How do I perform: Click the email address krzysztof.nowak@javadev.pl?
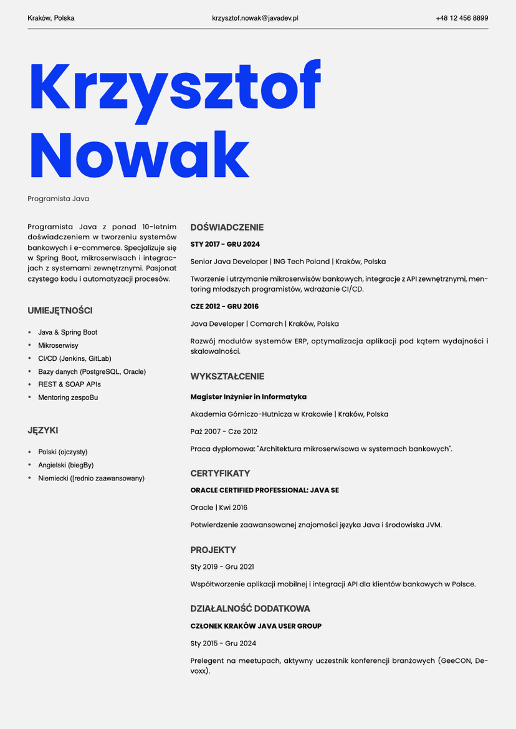(x=255, y=18)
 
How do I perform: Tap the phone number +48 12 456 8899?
(x=462, y=18)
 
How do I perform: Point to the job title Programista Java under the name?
(x=59, y=199)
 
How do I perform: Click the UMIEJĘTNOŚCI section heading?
(x=60, y=310)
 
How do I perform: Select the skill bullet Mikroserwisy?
(x=58, y=345)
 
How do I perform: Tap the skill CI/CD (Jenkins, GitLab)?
(x=74, y=358)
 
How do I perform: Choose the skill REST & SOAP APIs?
(x=69, y=384)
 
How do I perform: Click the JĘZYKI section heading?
(x=43, y=430)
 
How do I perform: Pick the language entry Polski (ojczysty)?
(x=63, y=452)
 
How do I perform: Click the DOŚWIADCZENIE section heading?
(x=227, y=227)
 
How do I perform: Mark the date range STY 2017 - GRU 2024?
(x=225, y=244)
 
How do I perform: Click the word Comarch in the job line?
(x=267, y=324)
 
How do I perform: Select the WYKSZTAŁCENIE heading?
(x=227, y=376)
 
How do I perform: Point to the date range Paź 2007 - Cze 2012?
(x=224, y=431)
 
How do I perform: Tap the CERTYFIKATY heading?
(x=220, y=473)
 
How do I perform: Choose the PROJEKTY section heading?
(x=213, y=550)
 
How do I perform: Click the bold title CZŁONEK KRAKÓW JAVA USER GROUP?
(x=256, y=626)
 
